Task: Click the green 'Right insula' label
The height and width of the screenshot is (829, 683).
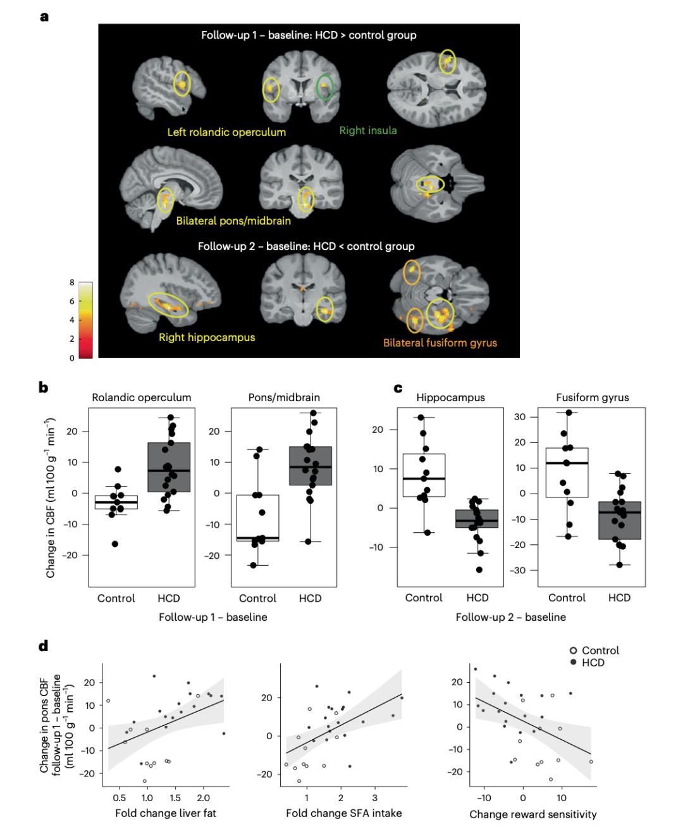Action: tap(368, 131)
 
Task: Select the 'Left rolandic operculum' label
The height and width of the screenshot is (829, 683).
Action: tap(226, 132)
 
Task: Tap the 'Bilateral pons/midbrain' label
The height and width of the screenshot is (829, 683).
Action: tap(233, 221)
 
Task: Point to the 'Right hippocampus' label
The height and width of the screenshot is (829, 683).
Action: tap(207, 337)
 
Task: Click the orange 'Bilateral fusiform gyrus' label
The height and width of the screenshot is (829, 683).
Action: tap(440, 343)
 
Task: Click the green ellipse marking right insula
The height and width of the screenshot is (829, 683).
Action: tap(325, 87)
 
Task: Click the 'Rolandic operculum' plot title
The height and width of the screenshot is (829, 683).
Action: tap(142, 398)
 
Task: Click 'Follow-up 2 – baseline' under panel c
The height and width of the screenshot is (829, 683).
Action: tap(511, 616)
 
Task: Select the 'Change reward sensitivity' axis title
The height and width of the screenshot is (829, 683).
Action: tap(532, 814)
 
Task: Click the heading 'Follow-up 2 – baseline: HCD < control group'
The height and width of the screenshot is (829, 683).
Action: tap(306, 246)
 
